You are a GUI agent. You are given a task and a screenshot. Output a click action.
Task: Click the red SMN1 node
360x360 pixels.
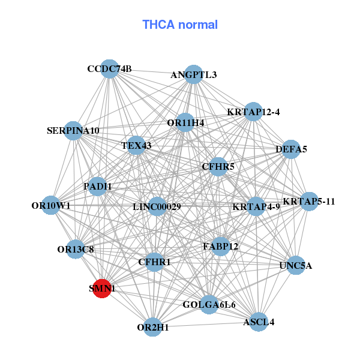[102, 288]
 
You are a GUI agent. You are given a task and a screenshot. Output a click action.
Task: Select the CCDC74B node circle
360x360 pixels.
[109, 68]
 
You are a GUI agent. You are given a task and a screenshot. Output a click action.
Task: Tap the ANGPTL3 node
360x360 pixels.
[193, 74]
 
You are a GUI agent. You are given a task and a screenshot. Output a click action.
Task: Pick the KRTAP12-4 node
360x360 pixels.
[253, 112]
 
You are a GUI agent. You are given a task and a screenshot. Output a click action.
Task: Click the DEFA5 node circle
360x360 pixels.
[291, 149]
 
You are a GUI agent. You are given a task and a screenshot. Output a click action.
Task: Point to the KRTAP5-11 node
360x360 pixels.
[309, 201]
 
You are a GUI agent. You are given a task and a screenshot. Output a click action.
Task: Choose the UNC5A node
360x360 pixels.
[296, 265]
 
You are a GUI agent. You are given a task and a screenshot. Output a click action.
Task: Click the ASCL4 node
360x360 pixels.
[259, 322]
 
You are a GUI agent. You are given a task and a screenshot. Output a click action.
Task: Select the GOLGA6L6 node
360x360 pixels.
[209, 305]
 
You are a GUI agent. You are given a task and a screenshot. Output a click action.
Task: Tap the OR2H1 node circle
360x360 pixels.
[153, 327]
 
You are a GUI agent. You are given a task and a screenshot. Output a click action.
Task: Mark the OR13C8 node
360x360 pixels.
[76, 248]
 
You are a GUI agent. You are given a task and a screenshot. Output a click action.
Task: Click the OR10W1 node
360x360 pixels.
[51, 205]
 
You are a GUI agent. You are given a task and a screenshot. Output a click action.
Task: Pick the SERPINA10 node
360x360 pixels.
[73, 130]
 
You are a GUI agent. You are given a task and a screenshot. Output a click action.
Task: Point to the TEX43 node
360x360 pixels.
[136, 145]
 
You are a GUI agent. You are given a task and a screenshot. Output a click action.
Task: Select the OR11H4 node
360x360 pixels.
[185, 122]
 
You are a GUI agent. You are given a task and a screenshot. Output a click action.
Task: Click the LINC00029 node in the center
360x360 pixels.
[157, 207]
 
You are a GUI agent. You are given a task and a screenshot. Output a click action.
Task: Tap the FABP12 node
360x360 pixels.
[220, 246]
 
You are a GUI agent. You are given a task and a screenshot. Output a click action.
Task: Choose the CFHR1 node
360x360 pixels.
[154, 262]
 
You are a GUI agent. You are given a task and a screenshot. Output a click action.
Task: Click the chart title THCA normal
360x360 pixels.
[180, 25]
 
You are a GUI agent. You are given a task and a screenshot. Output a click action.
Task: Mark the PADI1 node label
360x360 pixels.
[98, 186]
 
